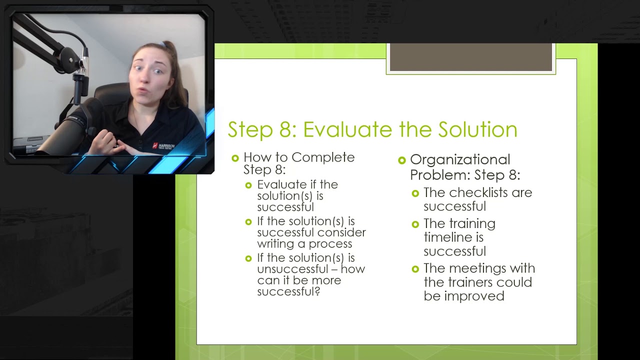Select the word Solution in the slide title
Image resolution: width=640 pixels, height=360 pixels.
[x=477, y=129]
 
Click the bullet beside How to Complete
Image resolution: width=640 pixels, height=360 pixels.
[x=235, y=158]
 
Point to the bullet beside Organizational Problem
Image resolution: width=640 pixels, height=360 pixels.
[x=402, y=160]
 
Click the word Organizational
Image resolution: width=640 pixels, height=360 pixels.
[x=460, y=160]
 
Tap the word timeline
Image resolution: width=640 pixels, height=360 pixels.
[x=446, y=237]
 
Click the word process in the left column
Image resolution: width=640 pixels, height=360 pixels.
[x=330, y=244]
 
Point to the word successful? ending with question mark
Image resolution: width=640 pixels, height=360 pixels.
[x=288, y=292]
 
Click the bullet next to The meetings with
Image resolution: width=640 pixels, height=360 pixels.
[x=415, y=269]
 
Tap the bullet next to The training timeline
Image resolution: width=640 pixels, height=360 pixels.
[x=415, y=224]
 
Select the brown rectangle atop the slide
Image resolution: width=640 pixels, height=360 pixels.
[x=470, y=57]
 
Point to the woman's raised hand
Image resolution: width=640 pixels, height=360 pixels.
[x=107, y=137]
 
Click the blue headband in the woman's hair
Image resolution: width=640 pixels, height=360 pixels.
[x=162, y=45]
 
